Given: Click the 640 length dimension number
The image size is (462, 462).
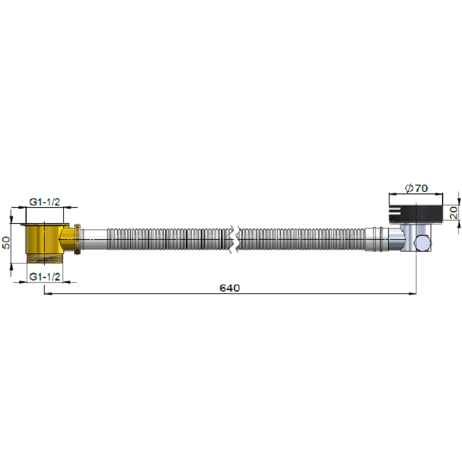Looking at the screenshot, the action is click(229, 288).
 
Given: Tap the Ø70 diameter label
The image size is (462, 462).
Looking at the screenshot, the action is click(417, 188).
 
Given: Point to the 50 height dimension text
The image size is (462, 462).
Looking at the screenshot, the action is click(6, 243).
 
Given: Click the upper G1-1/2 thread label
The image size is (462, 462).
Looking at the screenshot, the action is click(45, 202).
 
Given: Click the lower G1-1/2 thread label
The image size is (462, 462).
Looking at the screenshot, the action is click(45, 277).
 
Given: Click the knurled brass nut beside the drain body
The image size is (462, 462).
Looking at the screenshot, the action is click(77, 239).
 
